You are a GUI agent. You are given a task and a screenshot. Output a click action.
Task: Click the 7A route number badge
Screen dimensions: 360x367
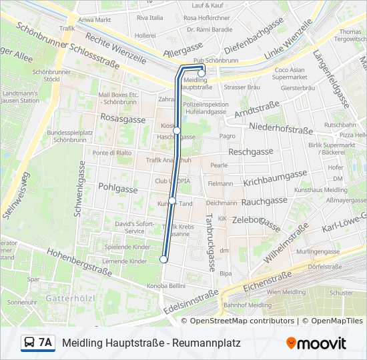pyautogui.click(x=45, y=343)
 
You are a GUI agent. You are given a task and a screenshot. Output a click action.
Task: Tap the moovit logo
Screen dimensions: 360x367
pyautogui.click(x=316, y=343)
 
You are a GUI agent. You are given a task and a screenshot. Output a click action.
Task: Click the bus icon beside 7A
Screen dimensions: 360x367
pyautogui.click(x=30, y=343)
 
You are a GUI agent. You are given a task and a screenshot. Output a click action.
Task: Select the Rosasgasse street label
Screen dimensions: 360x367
pyautogui.click(x=122, y=119)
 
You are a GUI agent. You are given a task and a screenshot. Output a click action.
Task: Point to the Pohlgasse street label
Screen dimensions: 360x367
pyautogui.click(x=117, y=189)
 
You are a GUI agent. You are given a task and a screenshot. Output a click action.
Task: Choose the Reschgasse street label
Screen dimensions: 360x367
pyautogui.click(x=250, y=152)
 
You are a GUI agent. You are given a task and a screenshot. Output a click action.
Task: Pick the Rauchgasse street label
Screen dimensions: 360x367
pyautogui.click(x=264, y=201)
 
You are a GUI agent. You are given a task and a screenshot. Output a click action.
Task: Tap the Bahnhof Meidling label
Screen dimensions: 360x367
pyautogui.click(x=247, y=305)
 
